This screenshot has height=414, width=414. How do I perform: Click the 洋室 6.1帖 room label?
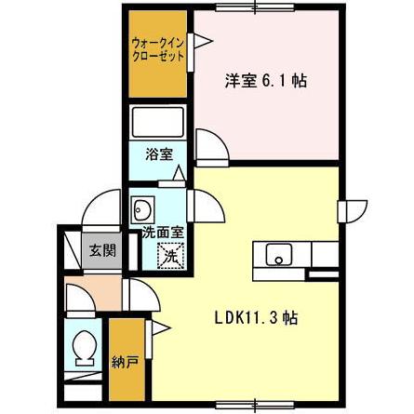[x=264, y=81]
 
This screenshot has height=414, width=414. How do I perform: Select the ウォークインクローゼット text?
[x=157, y=49]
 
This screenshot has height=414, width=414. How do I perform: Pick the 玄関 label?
[x=101, y=249]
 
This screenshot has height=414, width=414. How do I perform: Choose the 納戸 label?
[x=122, y=361]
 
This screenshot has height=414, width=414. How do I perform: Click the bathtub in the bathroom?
[x=159, y=123]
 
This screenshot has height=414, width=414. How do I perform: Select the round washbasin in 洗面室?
[x=143, y=207]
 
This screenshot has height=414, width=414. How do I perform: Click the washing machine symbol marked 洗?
[x=169, y=252]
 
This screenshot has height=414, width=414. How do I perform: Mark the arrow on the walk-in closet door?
[x=197, y=41]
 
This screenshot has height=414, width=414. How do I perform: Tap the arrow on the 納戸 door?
[x=158, y=326]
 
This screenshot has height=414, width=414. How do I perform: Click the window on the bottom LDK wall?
[x=251, y=404]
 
